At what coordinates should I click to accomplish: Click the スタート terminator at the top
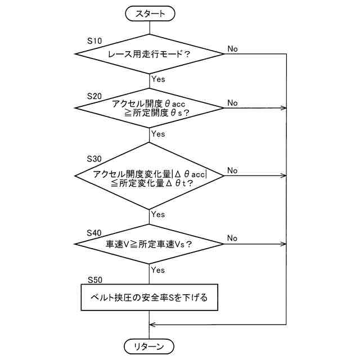150,13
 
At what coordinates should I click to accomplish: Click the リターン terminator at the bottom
150,345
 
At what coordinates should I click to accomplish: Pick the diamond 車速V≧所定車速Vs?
150,244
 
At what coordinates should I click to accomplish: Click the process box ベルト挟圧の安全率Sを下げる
150,298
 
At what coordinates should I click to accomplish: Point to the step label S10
95,41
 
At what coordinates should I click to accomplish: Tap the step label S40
95,232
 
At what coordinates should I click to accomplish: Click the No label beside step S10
232,49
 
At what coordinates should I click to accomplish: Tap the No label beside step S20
232,103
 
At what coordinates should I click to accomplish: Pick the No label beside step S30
232,170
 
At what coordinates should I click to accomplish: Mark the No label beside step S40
232,238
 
